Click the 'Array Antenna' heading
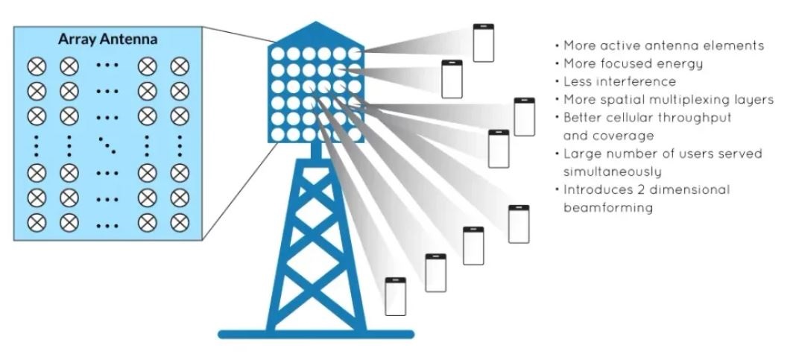click(x=107, y=39)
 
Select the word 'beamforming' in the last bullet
click(x=607, y=208)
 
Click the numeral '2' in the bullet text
click(x=631, y=190)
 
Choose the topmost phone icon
click(x=484, y=43)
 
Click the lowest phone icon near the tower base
click(x=396, y=297)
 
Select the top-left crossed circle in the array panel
click(x=37, y=66)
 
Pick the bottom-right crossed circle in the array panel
click(x=180, y=222)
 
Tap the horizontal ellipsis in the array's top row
click(x=107, y=66)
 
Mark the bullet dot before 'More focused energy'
click(x=557, y=64)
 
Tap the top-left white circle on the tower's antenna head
click(x=277, y=54)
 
